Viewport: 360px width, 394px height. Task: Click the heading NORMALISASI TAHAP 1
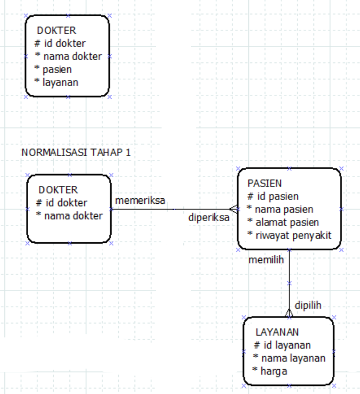coord(76,152)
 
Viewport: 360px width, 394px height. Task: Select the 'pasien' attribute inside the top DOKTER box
coord(57,69)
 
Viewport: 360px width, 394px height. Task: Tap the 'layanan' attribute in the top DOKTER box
coord(60,82)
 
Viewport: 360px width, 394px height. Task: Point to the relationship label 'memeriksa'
coord(140,201)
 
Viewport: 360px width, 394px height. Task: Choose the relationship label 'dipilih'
coord(308,305)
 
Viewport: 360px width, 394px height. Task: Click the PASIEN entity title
coord(264,183)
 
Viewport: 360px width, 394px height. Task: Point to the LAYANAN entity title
coord(277,332)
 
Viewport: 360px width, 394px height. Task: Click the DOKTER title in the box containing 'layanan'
coord(56,30)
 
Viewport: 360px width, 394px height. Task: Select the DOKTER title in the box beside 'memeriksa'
coord(59,190)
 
